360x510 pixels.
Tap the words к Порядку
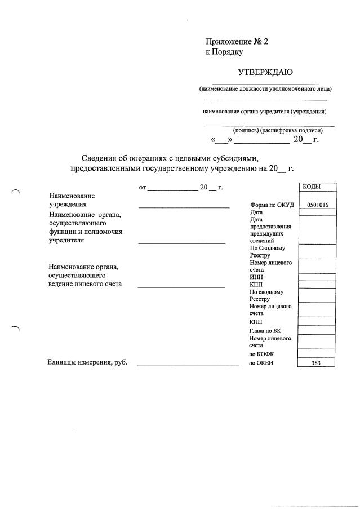pyautogui.click(x=224, y=52)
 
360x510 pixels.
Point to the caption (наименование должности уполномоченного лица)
pyautogui.click(x=265, y=89)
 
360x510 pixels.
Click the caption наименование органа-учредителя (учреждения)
pyautogui.click(x=265, y=112)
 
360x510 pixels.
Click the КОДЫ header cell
pyautogui.click(x=317, y=187)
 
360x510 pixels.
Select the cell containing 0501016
pyautogui.click(x=317, y=205)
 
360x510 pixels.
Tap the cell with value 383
pyautogui.click(x=317, y=363)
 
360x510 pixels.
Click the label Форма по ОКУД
pyautogui.click(x=271, y=205)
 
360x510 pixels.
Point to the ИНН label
pyautogui.click(x=256, y=277)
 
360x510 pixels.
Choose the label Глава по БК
pyautogui.click(x=265, y=331)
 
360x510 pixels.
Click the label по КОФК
pyautogui.click(x=261, y=354)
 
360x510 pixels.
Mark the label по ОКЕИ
pyautogui.click(x=261, y=363)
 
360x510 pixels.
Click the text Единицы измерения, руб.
pyautogui.click(x=87, y=362)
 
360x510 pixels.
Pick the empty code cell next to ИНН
pyautogui.click(x=317, y=277)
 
